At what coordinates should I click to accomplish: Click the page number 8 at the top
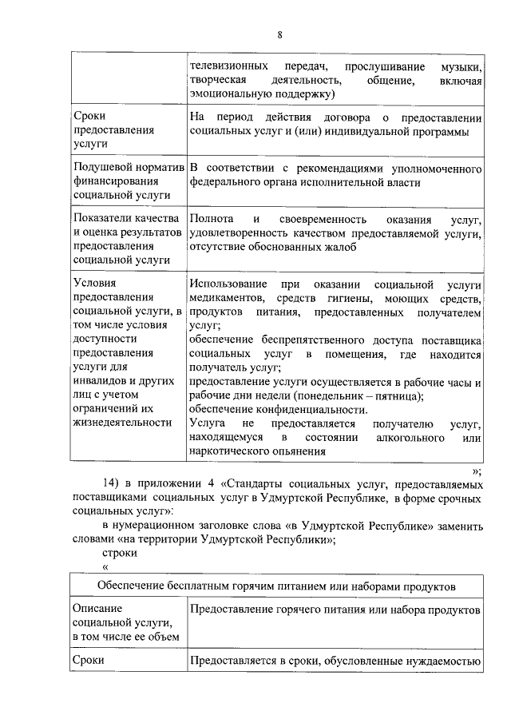pyautogui.click(x=280, y=34)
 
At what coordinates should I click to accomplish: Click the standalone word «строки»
pyautogui.click(x=120, y=553)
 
